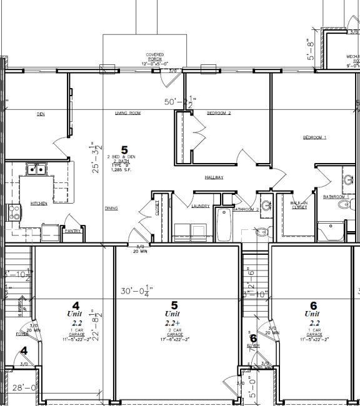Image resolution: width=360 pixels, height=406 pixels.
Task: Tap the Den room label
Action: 41,114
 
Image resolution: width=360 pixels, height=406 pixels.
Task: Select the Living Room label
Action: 127,113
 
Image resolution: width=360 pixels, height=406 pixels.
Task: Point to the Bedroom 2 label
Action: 219,113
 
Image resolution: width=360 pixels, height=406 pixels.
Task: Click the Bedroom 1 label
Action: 315,137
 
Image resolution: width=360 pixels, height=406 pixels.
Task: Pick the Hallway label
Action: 214,177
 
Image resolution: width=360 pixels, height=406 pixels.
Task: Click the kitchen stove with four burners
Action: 11,214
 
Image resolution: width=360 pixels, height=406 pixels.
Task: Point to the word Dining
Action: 111,209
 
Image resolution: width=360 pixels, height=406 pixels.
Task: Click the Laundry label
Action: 201,205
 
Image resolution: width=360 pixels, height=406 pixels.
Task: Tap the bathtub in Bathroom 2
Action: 223,225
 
